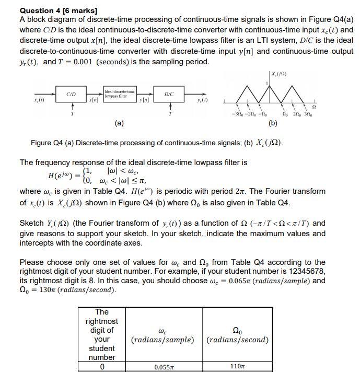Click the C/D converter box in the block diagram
pos(72,94)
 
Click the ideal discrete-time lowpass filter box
pos(120,94)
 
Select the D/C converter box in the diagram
pos(169,94)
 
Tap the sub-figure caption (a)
pos(119,124)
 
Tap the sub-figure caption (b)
pos(273,124)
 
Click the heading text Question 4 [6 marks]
pos(59,10)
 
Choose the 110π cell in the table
pos(237,367)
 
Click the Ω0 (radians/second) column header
pos(238,335)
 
